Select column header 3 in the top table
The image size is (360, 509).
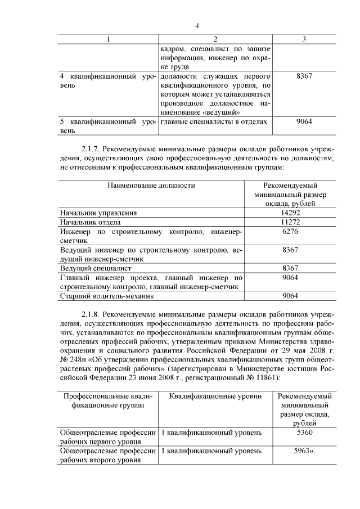tap(304, 39)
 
